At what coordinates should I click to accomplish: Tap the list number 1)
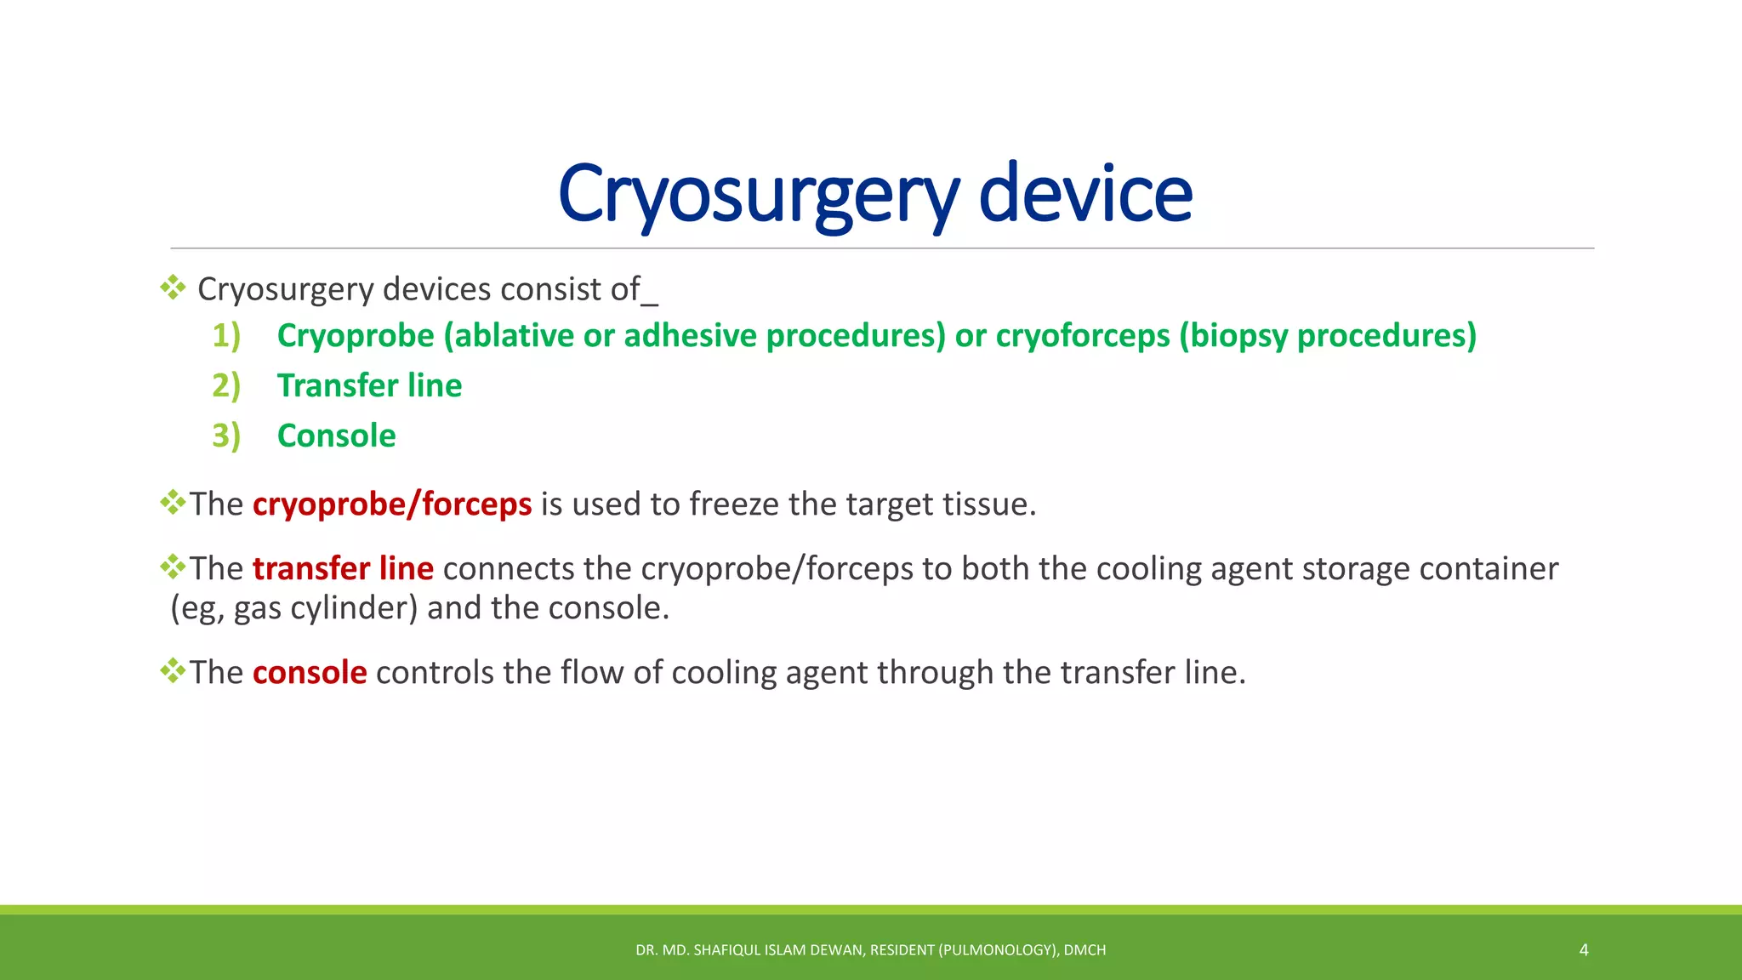pos(226,335)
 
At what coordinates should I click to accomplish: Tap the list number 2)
pos(226,385)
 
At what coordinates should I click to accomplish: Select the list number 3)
pos(226,436)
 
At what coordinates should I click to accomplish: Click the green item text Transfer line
pos(369,385)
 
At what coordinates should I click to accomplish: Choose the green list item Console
pos(336,436)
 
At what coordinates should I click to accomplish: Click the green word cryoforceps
pos(1083,335)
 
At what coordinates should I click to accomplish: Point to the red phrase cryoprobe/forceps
pos(392,504)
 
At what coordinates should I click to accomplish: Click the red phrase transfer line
pos(343,568)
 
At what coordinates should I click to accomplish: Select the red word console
pos(310,672)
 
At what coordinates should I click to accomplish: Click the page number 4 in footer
pos(1584,949)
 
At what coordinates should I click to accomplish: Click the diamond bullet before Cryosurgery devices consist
pos(173,288)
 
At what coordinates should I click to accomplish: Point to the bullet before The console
pos(173,671)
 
